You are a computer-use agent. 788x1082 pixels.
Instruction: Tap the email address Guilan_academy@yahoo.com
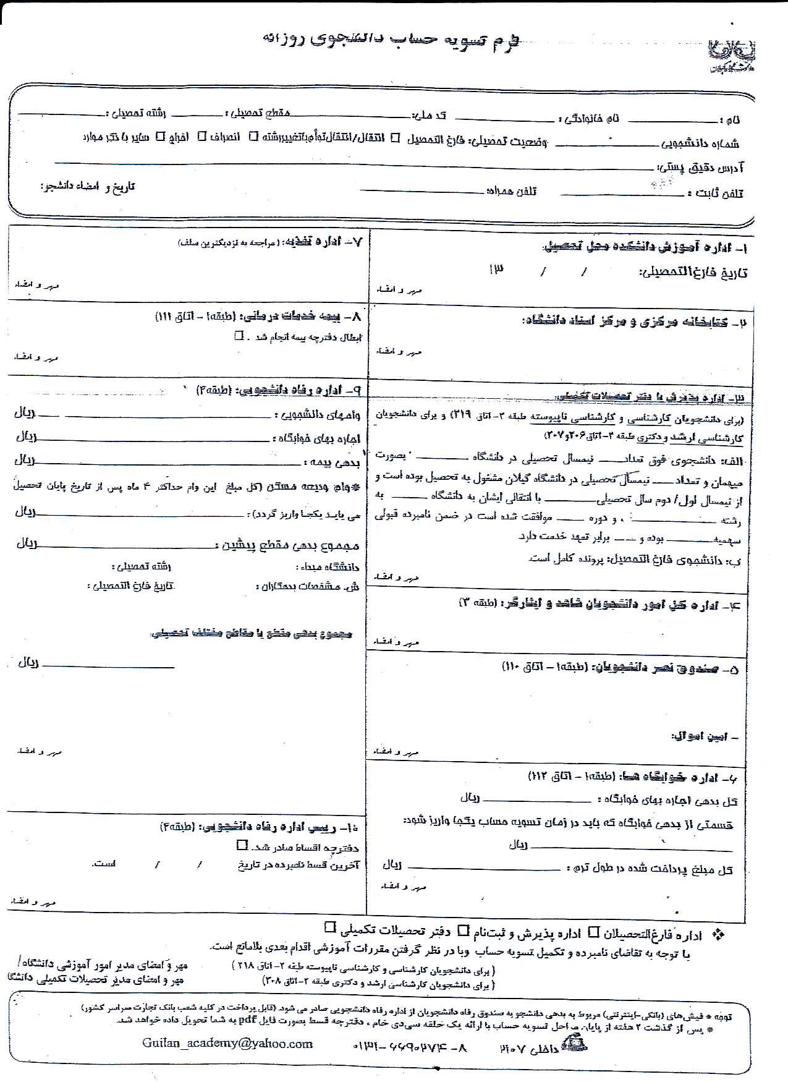pyautogui.click(x=227, y=1043)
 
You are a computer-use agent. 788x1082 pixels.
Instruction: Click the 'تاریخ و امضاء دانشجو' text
pyautogui.click(x=88, y=186)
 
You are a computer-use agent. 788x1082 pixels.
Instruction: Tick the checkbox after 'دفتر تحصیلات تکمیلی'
pyautogui.click(x=330, y=927)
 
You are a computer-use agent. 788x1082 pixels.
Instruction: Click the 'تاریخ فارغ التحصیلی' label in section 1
pyautogui.click(x=693, y=272)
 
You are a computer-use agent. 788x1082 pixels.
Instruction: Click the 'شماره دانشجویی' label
pyautogui.click(x=700, y=144)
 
